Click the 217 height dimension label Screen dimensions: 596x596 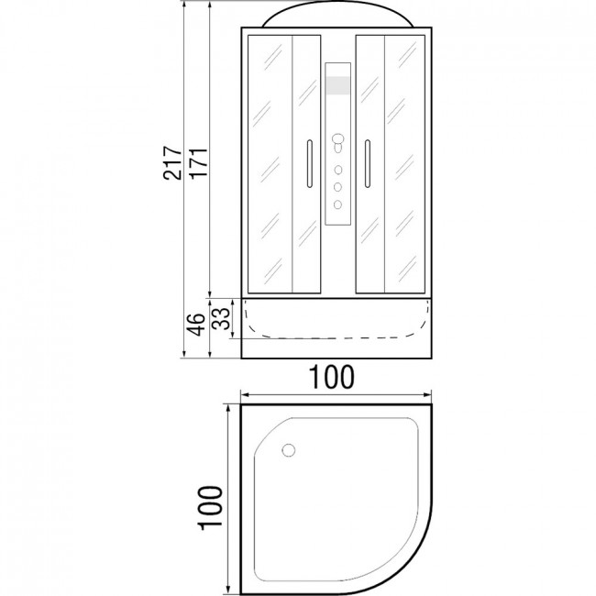click(x=172, y=162)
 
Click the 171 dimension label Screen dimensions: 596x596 click(x=199, y=162)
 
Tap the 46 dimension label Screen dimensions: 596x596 click(x=196, y=325)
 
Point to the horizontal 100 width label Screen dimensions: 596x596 click(x=332, y=377)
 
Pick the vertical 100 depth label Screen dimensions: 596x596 click(x=209, y=507)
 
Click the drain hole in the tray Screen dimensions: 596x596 click(x=289, y=450)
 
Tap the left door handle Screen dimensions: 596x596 click(x=310, y=163)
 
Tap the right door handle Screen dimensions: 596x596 click(x=367, y=163)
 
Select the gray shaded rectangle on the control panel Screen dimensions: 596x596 click(x=338, y=85)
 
